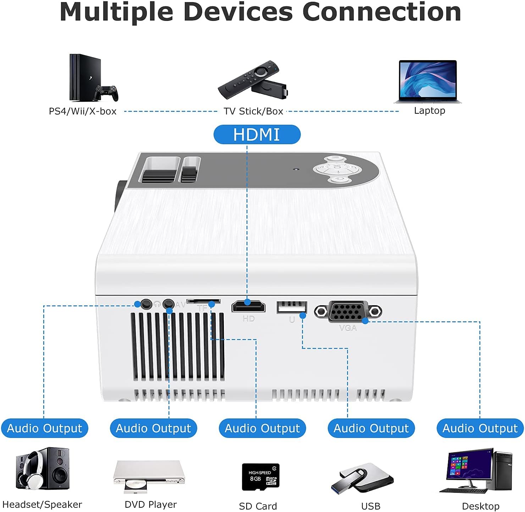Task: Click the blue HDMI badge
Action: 257,135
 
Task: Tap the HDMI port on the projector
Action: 248,306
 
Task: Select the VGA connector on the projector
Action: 348,311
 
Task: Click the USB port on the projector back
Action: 292,307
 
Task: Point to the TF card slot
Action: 203,302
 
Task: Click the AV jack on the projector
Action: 168,304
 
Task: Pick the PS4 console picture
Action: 85,78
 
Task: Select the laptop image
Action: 428,81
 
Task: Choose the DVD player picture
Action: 149,475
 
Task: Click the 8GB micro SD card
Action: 261,477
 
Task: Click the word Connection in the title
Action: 382,12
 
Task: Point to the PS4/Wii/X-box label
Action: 83,111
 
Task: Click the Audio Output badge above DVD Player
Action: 153,428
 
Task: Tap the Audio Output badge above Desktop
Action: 480,428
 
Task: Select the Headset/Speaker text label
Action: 42,505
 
